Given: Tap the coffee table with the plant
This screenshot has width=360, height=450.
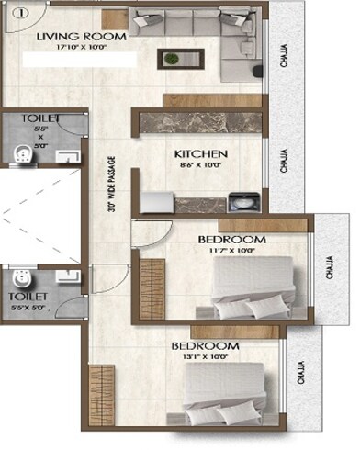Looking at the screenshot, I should (x=172, y=59).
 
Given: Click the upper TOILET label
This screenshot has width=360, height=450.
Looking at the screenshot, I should (x=43, y=119).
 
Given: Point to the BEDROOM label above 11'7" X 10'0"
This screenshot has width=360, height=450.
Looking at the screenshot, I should (x=231, y=240).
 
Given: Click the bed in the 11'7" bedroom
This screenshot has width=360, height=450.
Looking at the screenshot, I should (x=253, y=289).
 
